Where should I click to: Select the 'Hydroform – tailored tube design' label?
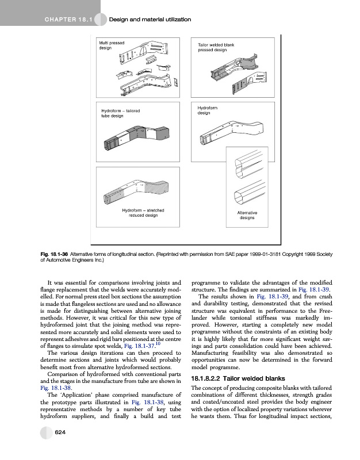coord(120,113)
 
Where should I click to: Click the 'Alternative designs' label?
coord(247,216)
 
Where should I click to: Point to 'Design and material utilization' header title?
coord(150,20)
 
